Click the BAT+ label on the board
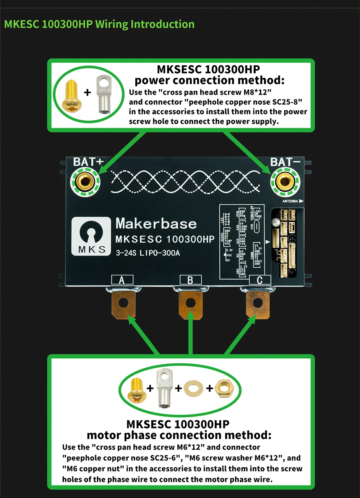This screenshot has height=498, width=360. click(88, 162)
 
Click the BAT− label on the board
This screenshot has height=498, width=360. click(285, 162)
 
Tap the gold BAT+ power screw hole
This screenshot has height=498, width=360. click(85, 181)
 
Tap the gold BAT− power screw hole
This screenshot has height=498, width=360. click(285, 181)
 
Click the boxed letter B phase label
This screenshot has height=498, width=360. click(190, 280)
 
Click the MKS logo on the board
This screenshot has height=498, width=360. click(92, 236)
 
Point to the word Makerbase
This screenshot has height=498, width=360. click(156, 223)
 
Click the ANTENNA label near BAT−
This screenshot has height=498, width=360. click(290, 201)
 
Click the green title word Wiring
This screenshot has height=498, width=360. click(112, 24)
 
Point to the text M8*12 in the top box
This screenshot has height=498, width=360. click(257, 92)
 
